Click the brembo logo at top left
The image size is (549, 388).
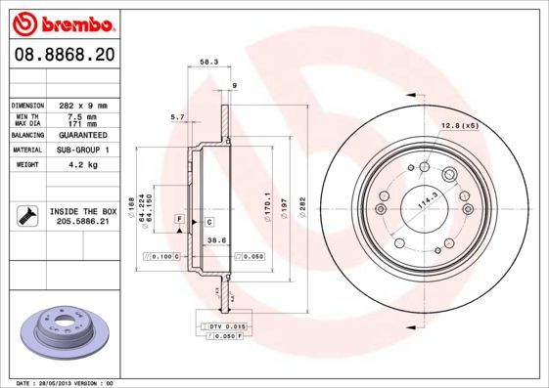click(x=61, y=22)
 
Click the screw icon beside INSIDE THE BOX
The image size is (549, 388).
click(x=26, y=215)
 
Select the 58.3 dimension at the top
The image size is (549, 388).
click(x=208, y=62)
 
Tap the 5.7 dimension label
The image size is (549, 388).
click(x=177, y=117)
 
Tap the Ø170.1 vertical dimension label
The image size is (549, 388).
click(x=267, y=208)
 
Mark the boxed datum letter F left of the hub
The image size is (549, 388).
click(x=180, y=217)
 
